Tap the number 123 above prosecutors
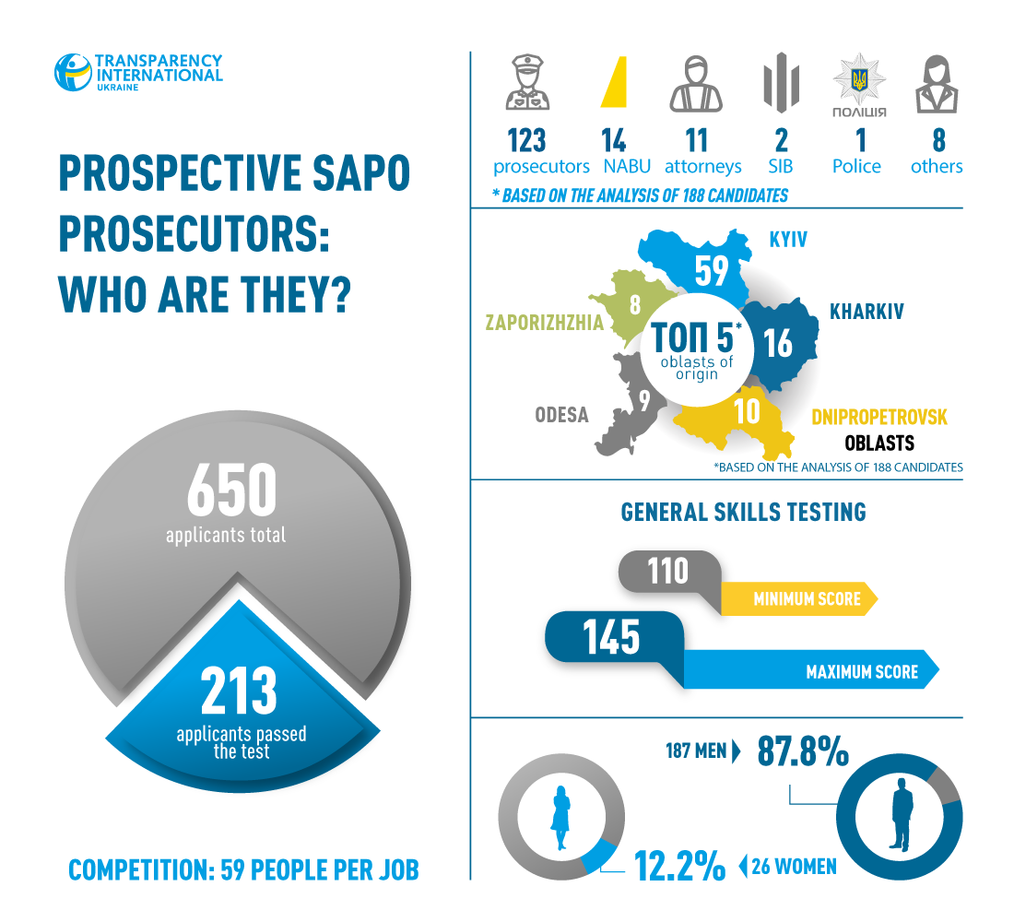(526, 140)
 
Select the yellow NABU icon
(615, 82)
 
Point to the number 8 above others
(938, 140)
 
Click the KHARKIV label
(867, 312)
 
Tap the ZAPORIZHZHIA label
(545, 323)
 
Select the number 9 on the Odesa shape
(644, 399)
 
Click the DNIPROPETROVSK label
(878, 418)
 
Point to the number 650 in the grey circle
(231, 490)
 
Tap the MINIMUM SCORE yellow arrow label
(807, 599)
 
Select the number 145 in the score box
(611, 637)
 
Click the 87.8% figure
(802, 751)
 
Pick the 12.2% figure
(678, 866)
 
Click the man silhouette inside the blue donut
(901, 810)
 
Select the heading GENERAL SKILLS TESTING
(743, 512)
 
